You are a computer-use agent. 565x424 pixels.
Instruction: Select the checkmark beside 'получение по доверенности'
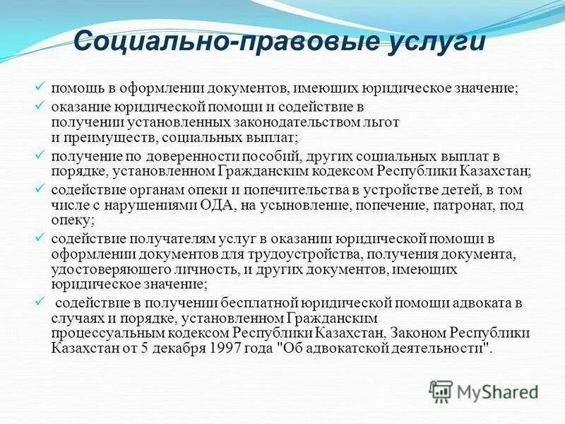pyautogui.click(x=40, y=153)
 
